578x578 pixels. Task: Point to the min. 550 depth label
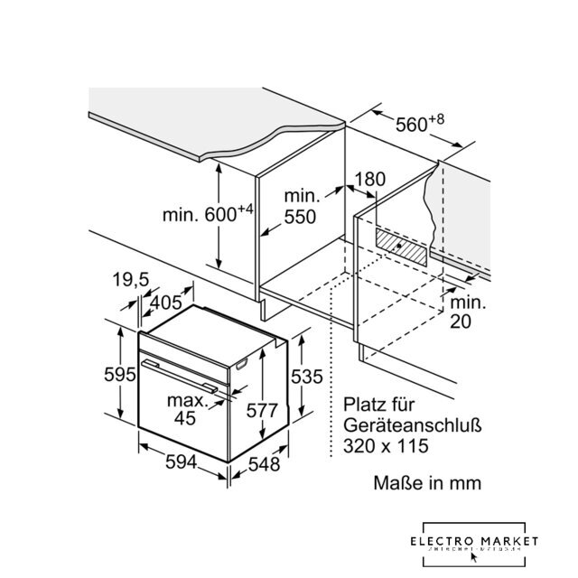[301, 207]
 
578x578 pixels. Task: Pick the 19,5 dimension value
[132, 281]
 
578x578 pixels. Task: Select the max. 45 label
[185, 408]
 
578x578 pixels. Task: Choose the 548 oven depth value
[263, 464]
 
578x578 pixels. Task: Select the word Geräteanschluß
[403, 425]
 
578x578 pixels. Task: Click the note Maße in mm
[427, 483]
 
